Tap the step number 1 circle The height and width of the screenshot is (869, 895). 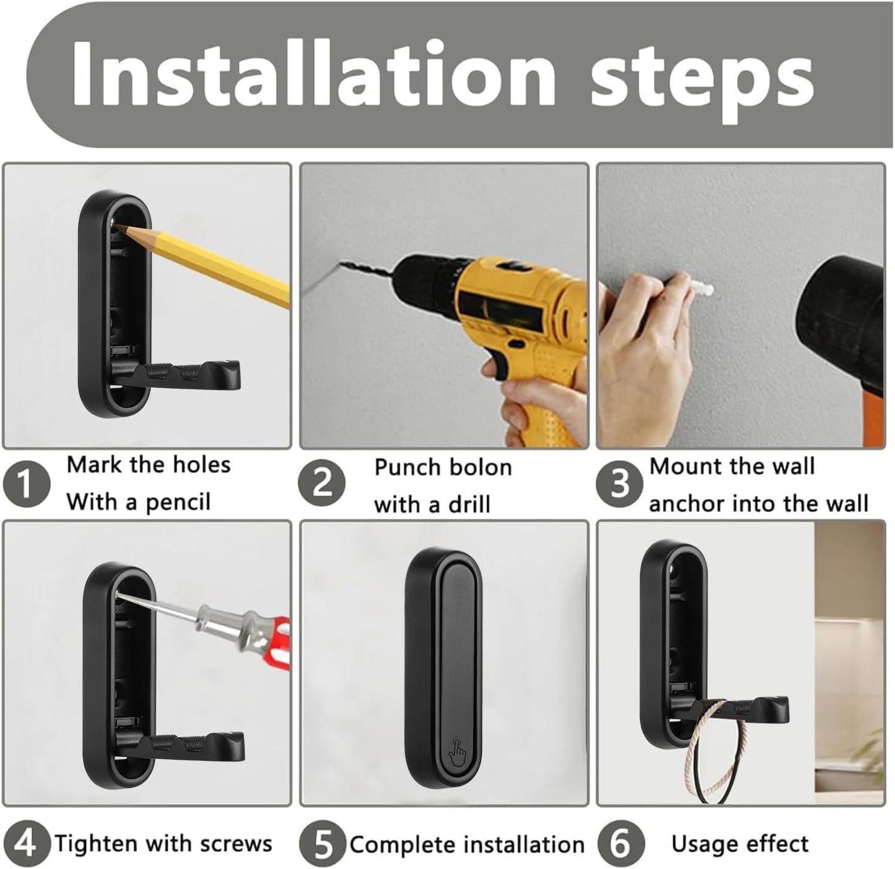(x=26, y=484)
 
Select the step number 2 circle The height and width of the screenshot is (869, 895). (x=322, y=484)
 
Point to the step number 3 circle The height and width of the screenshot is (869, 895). (x=619, y=484)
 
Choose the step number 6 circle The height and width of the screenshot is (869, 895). (x=621, y=844)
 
